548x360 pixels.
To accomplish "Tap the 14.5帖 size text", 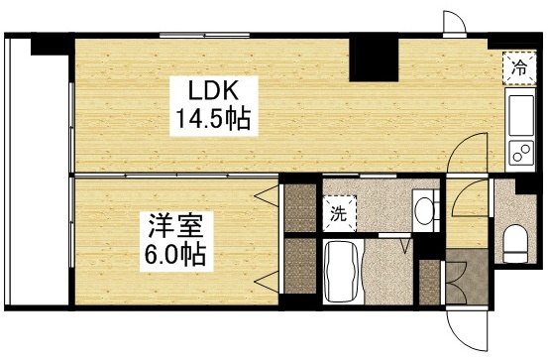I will pyautogui.click(x=211, y=120).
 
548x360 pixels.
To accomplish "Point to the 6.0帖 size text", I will pyautogui.click(x=171, y=254).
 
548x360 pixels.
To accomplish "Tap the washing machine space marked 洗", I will pyautogui.click(x=338, y=210).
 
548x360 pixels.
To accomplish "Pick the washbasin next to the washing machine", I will pyautogui.click(x=423, y=209).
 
